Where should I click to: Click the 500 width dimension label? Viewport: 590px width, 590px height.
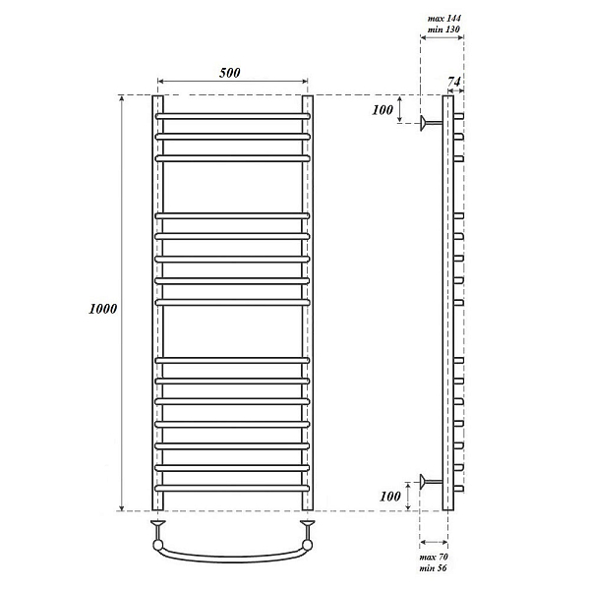(229, 73)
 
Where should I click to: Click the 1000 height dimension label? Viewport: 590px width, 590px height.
(102, 309)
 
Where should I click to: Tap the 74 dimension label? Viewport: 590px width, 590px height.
(454, 82)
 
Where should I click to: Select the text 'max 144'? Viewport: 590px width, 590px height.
(444, 18)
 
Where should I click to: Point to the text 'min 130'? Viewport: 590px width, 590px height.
(443, 29)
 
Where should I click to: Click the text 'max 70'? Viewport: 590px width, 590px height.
(434, 557)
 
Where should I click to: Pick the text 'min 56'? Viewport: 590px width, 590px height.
(433, 567)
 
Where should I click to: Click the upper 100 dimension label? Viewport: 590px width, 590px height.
(383, 110)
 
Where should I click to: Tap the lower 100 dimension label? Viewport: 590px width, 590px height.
(390, 497)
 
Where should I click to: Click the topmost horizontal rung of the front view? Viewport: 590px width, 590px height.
(232, 116)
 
